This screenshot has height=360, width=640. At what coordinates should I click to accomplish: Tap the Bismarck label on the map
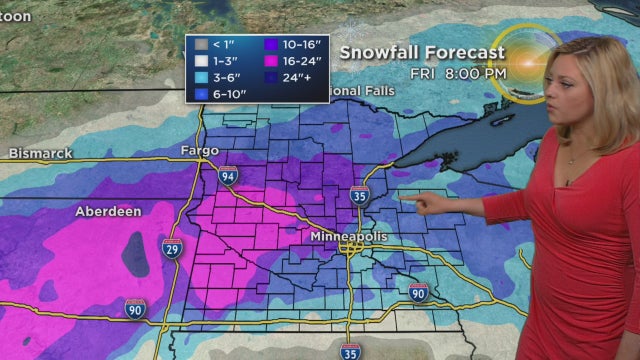[x=42, y=153]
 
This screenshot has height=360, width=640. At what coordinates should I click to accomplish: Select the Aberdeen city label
[x=108, y=211]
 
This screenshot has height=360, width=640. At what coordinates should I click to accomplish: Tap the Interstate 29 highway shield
[x=172, y=247]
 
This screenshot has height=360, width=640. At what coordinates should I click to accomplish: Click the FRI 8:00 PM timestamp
[x=458, y=73]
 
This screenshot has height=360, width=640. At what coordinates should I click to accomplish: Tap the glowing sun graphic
[x=528, y=61]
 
